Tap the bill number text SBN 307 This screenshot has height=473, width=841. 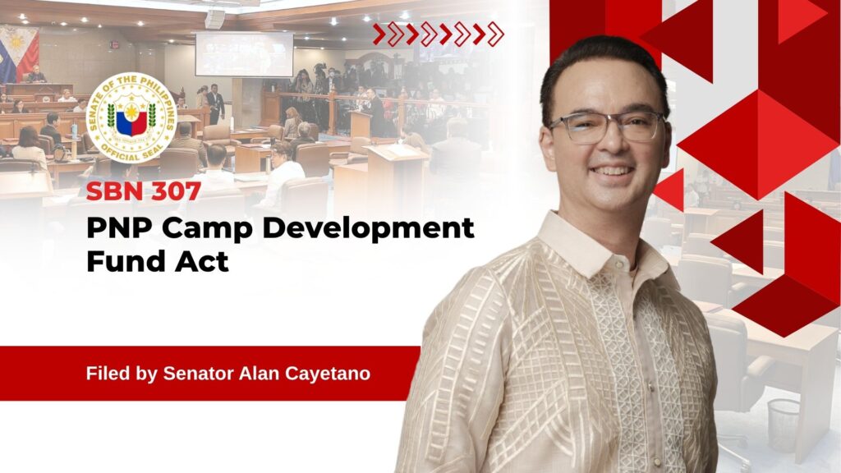click(144, 191)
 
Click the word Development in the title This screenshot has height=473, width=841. click(368, 228)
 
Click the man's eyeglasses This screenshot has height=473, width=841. click(606, 127)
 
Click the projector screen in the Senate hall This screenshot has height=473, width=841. click(244, 54)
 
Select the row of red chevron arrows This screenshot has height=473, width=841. click(439, 34)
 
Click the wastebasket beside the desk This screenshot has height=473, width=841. click(784, 425)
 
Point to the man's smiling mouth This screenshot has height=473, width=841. click(610, 172)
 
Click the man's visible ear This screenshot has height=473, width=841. click(546, 150)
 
